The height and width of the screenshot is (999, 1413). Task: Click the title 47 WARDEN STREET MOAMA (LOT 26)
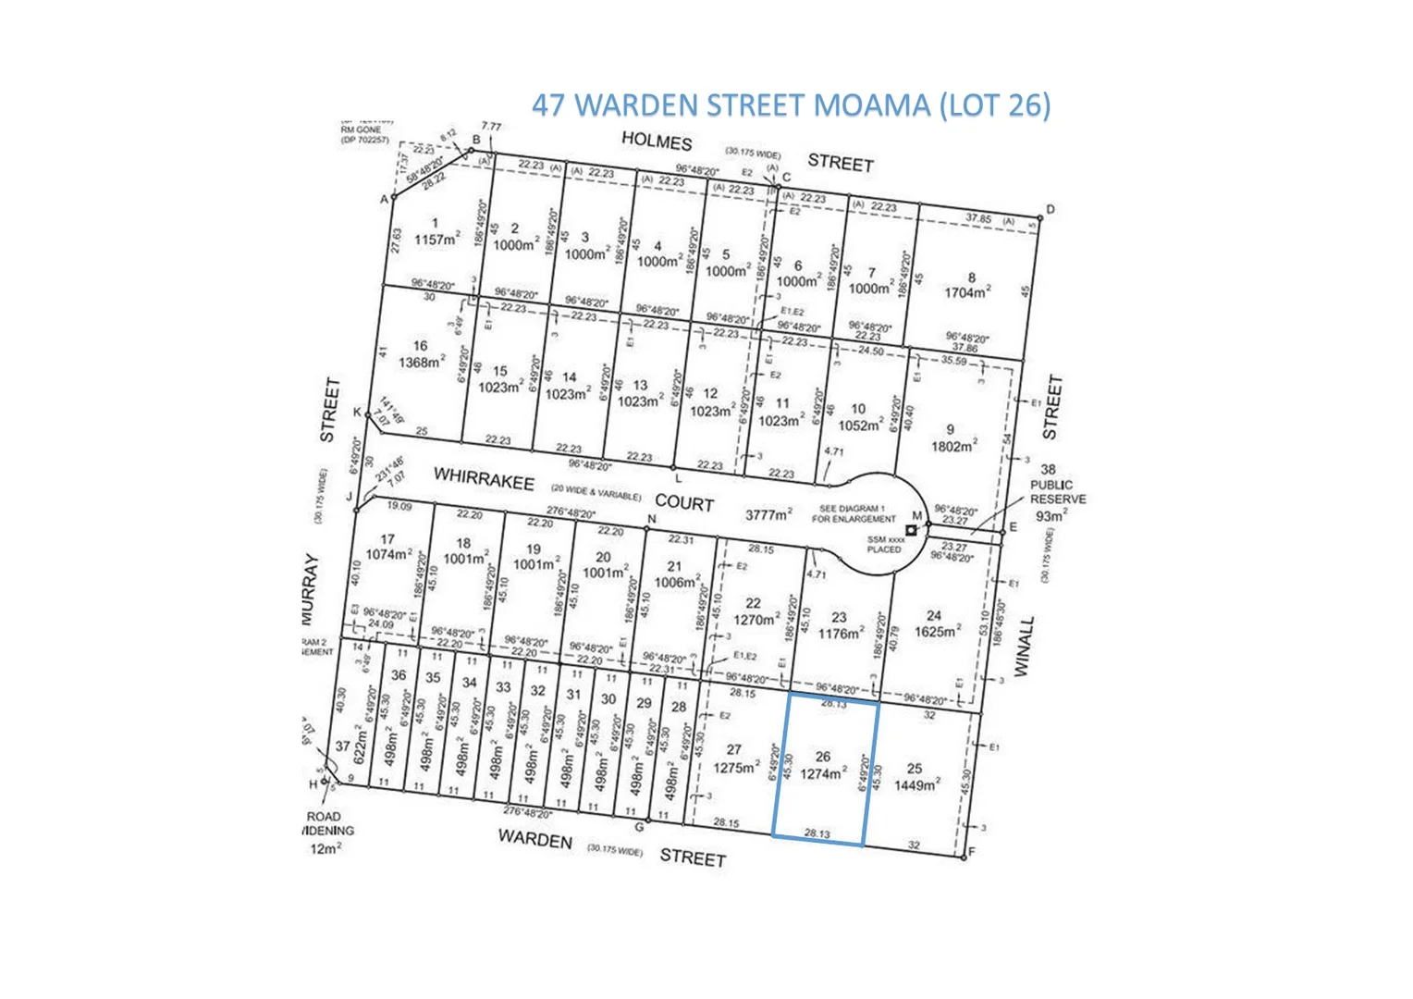click(x=791, y=105)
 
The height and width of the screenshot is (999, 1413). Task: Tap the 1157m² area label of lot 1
click(x=436, y=239)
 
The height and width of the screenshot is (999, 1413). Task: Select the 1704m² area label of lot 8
click(x=967, y=292)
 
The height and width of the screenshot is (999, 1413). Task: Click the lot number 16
click(x=420, y=345)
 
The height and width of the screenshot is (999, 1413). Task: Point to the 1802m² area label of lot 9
click(x=953, y=446)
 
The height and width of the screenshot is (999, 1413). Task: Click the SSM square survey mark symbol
click(x=911, y=530)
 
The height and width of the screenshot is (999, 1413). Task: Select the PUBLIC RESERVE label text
click(x=1057, y=492)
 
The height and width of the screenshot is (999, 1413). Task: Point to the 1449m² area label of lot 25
click(x=916, y=784)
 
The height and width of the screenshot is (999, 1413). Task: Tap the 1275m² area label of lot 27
click(x=736, y=766)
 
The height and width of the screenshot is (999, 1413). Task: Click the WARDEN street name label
click(x=534, y=839)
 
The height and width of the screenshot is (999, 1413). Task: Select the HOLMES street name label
click(x=657, y=142)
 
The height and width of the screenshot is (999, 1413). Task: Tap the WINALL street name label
click(x=1022, y=647)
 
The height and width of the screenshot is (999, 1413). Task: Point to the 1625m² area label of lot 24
click(x=936, y=632)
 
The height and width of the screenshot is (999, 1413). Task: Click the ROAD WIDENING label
click(x=325, y=823)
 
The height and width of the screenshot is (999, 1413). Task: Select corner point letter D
click(x=1050, y=209)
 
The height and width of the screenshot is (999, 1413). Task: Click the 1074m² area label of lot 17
click(x=388, y=554)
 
